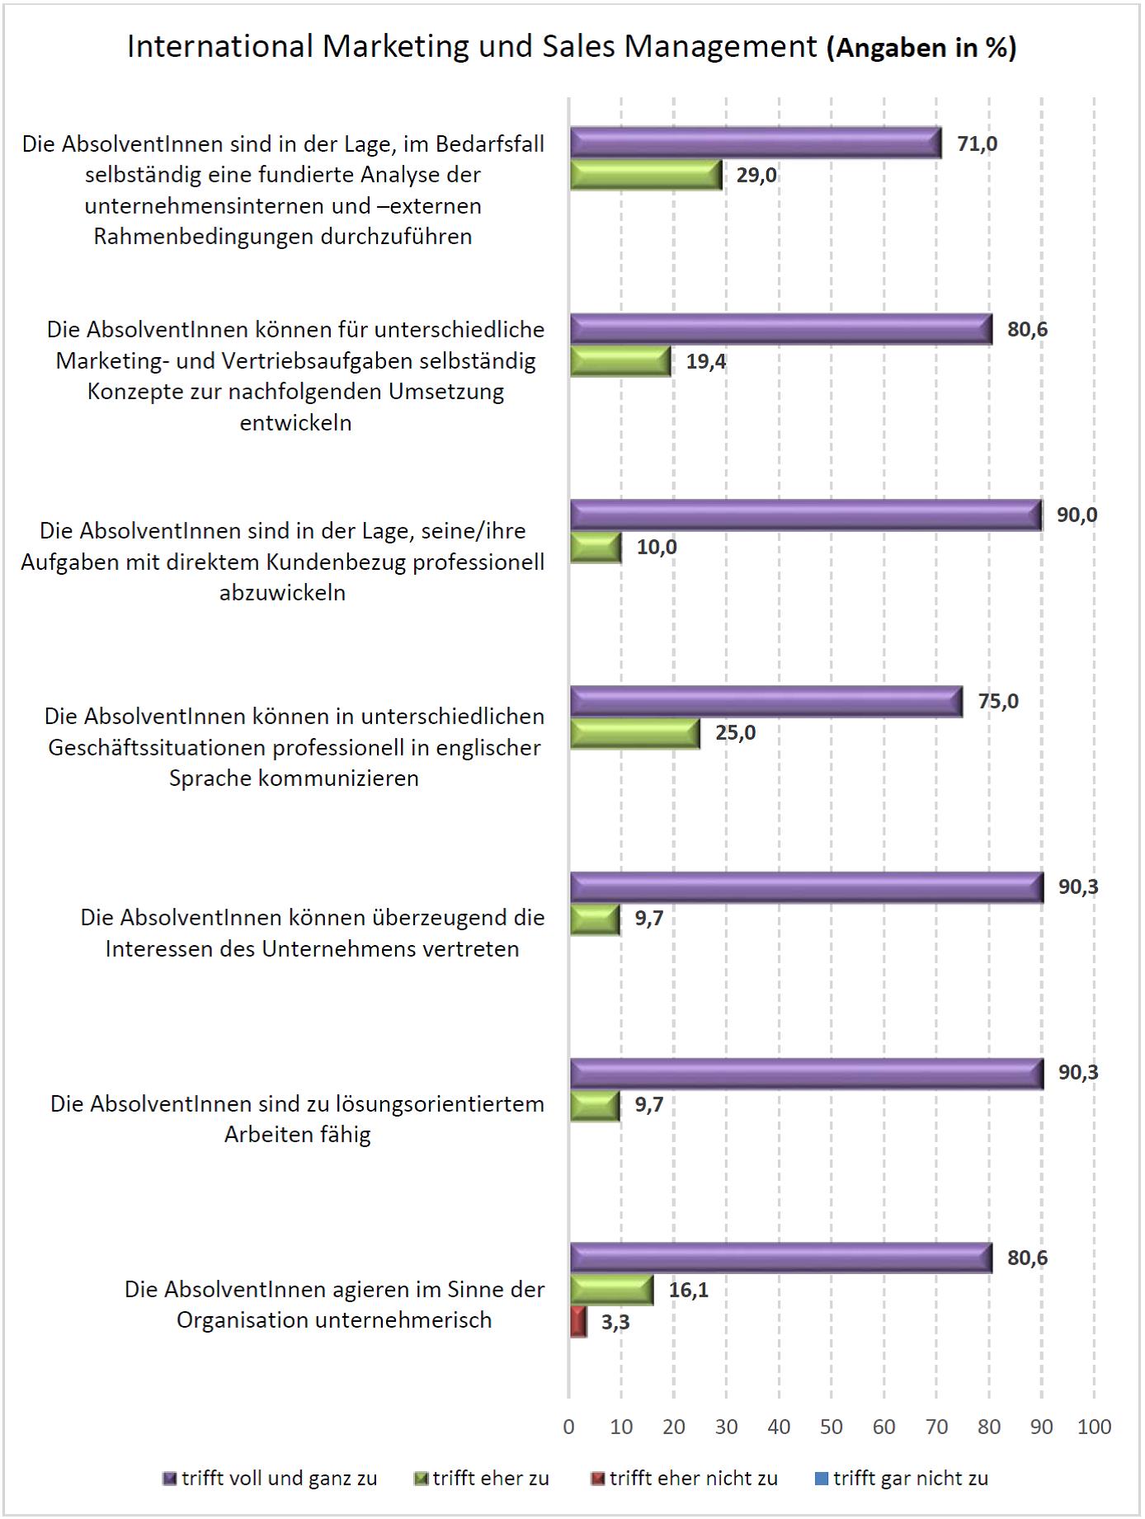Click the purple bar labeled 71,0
pos(755,143)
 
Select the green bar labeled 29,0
pos(646,175)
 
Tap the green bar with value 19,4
pos(620,361)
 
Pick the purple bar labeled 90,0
pos(805,515)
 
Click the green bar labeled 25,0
pos(635,733)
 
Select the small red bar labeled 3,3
pos(578,1322)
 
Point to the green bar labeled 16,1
pos(611,1290)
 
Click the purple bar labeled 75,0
pos(766,701)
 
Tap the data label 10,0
pos(657,547)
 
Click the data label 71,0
pos(977,143)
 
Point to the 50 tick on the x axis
pos(832,1427)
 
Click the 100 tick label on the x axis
pos(1094,1427)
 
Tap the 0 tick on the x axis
pos(568,1427)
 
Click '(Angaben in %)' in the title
pos(921,48)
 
